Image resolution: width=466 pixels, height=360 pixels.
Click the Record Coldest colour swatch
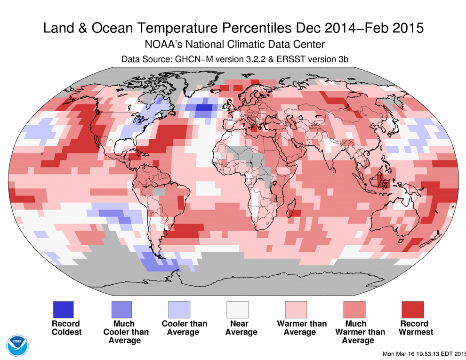point(62,310)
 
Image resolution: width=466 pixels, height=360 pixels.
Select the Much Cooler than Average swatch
point(121,310)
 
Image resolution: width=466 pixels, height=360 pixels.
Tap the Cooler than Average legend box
point(179,310)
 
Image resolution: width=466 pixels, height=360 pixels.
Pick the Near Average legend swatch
point(238,310)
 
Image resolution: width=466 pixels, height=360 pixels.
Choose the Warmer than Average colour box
point(296,310)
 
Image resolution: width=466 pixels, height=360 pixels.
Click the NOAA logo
point(17,345)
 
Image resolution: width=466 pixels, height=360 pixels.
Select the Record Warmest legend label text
point(414,328)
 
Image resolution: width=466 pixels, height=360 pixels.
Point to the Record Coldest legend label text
point(65,328)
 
